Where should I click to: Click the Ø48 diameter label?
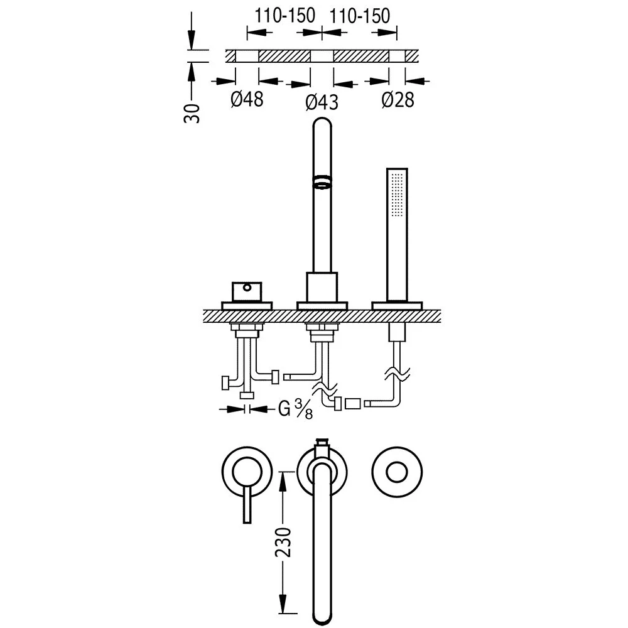pyautogui.click(x=247, y=99)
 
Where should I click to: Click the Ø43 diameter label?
pyautogui.click(x=322, y=102)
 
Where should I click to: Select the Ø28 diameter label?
pyautogui.click(x=398, y=99)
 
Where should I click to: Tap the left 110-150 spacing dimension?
pyautogui.click(x=284, y=16)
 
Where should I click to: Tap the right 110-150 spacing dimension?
pyautogui.click(x=360, y=16)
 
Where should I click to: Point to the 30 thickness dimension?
pyautogui.click(x=192, y=113)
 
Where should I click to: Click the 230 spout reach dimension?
pyautogui.click(x=283, y=543)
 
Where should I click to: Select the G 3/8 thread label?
pyautogui.click(x=296, y=409)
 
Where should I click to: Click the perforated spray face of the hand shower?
pyautogui.click(x=396, y=195)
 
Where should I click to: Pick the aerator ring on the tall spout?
pyautogui.click(x=322, y=181)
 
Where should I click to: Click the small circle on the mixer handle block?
pyautogui.click(x=247, y=287)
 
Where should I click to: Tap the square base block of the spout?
pyautogui.click(x=322, y=287)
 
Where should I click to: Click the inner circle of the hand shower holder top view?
pyautogui.click(x=397, y=472)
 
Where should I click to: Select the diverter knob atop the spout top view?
pyautogui.click(x=322, y=447)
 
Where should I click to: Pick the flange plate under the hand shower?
pyautogui.click(x=397, y=306)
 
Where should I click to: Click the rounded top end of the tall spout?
pyautogui.click(x=322, y=122)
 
